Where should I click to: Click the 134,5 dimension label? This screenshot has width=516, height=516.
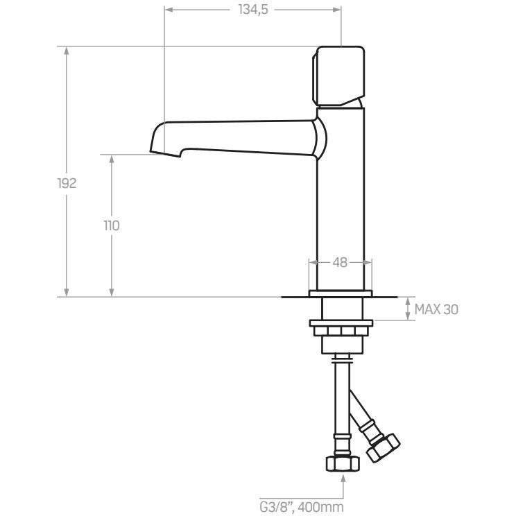click(x=253, y=10)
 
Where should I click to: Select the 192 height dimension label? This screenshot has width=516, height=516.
click(x=67, y=183)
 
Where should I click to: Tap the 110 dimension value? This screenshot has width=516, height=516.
click(x=112, y=226)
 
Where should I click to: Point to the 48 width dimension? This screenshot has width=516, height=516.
click(x=340, y=262)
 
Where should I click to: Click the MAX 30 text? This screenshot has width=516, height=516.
click(x=436, y=309)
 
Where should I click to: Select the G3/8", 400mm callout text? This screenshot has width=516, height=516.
click(x=302, y=507)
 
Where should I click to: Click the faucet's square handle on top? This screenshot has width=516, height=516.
click(x=338, y=76)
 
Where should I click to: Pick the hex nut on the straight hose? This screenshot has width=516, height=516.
click(x=343, y=464)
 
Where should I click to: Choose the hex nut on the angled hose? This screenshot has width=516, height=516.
click(x=384, y=447)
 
